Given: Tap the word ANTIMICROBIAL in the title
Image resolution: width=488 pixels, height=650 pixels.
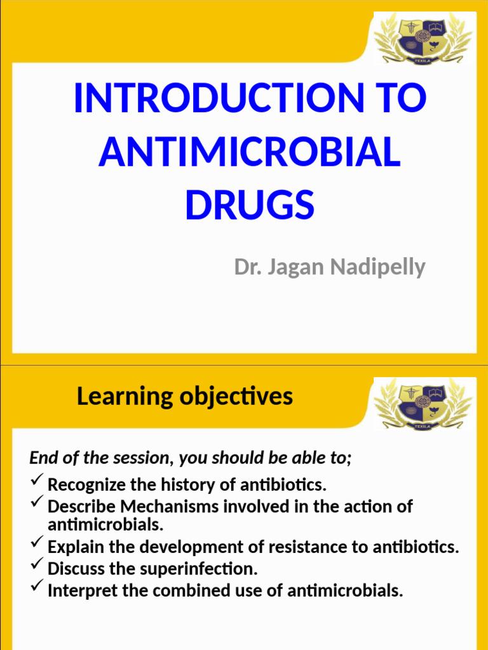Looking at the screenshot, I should [x=250, y=152].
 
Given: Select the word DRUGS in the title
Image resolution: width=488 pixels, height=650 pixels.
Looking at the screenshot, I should [x=250, y=204].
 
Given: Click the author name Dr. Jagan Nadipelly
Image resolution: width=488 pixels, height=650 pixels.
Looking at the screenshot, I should [x=330, y=267].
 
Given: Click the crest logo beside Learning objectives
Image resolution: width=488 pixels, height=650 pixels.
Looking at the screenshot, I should [x=423, y=404].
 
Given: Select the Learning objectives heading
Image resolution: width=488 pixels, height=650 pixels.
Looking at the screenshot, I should [x=184, y=397].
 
